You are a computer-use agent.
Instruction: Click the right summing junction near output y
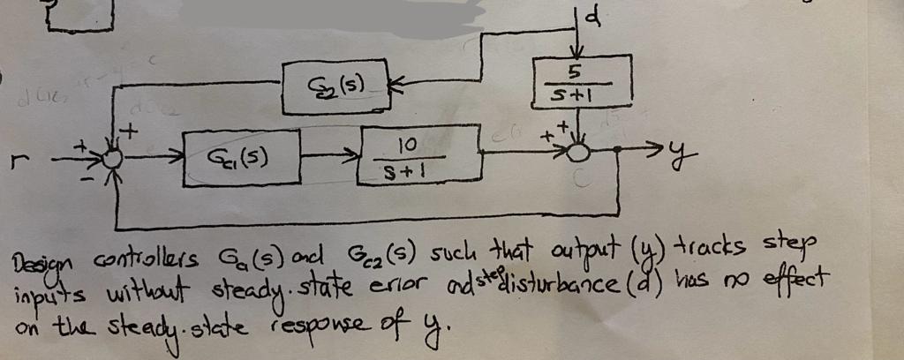(x=578, y=152)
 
